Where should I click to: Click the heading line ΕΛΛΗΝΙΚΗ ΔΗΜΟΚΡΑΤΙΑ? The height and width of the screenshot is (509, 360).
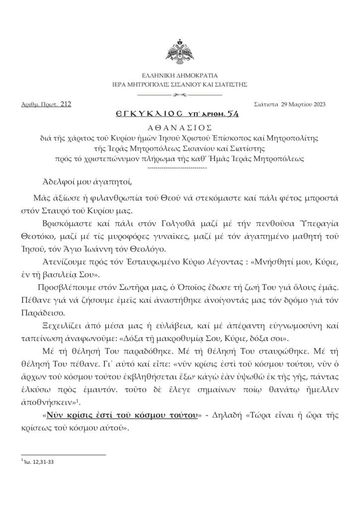180,75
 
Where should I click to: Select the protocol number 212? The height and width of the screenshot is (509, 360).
66,104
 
